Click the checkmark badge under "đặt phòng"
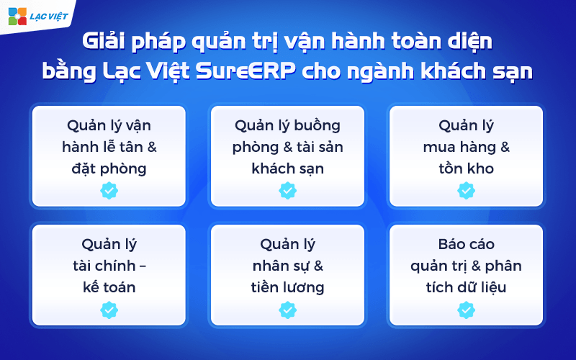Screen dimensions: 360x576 tap(109, 191)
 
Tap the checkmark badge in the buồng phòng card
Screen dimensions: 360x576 tap(287, 191)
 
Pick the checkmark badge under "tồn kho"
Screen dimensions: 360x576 tap(466, 191)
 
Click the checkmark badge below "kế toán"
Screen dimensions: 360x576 tap(109, 310)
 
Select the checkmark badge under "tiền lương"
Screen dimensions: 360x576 tap(287, 310)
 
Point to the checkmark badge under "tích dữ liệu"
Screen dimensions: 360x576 tap(466, 310)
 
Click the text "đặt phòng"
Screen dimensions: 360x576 tap(109, 169)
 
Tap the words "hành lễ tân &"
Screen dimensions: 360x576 tap(109, 148)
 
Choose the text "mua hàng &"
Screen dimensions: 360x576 tap(466, 148)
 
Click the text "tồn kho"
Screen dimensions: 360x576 tap(466, 169)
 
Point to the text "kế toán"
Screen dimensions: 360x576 tap(109, 288)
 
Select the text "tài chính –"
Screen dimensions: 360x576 tap(109, 266)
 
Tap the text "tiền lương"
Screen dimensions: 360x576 tap(287, 288)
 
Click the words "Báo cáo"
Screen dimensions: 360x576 tap(466, 245)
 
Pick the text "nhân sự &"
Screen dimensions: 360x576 tap(287, 266)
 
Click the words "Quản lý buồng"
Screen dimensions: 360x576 tap(287, 125)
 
